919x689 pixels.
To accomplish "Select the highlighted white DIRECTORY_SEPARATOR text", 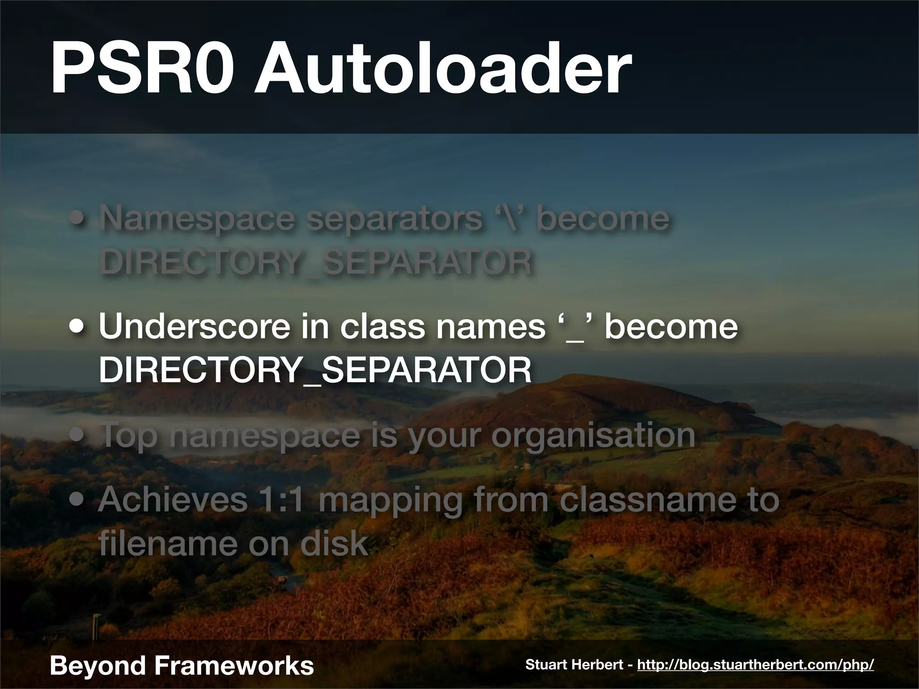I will pos(315,370).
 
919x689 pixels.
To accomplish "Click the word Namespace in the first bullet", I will pos(197,218).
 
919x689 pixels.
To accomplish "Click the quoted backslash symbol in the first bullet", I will pos(509,218).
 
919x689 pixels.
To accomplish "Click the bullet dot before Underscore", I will pos(79,327).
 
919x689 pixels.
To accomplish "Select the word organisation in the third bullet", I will pos(593,435).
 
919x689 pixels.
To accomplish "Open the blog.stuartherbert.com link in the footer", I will pos(755,665).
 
